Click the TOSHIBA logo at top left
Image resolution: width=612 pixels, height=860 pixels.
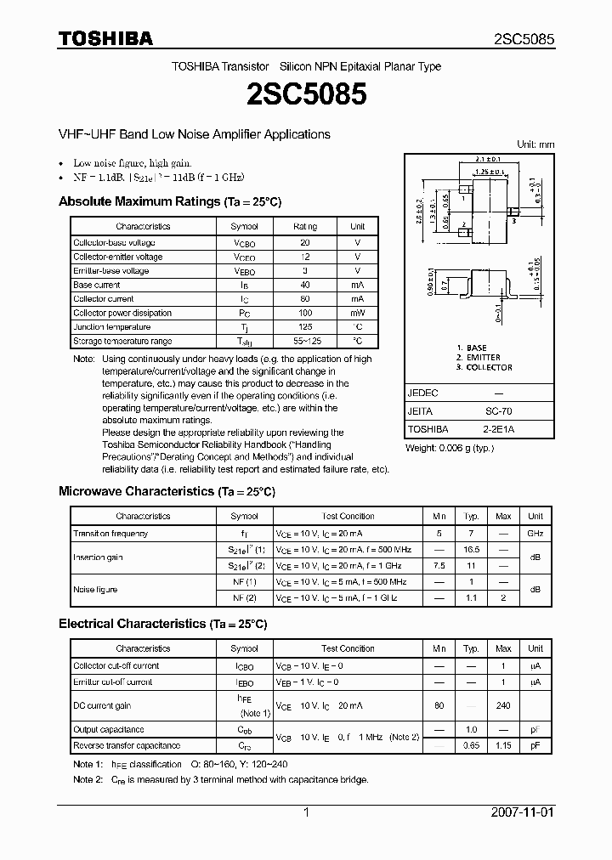[x=105, y=38]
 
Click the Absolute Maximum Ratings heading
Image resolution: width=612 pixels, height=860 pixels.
[x=169, y=202]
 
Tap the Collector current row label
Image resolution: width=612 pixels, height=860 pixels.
[x=104, y=299]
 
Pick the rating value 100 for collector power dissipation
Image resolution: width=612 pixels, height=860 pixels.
[x=305, y=313]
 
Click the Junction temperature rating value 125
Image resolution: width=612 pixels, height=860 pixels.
[x=305, y=327]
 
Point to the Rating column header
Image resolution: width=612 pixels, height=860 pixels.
[x=305, y=227]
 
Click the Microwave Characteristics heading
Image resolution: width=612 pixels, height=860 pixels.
[x=167, y=492]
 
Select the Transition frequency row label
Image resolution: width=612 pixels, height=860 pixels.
[x=110, y=534]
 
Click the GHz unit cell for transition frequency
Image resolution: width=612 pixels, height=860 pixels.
[x=535, y=534]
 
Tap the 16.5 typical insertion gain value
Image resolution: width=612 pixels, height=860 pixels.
[x=471, y=550]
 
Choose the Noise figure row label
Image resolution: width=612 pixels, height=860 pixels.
[x=95, y=590]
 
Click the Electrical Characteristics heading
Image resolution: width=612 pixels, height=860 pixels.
[x=162, y=624]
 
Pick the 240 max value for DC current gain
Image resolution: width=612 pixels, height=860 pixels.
[x=503, y=705]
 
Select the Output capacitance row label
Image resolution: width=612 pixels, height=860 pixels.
[x=109, y=730]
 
